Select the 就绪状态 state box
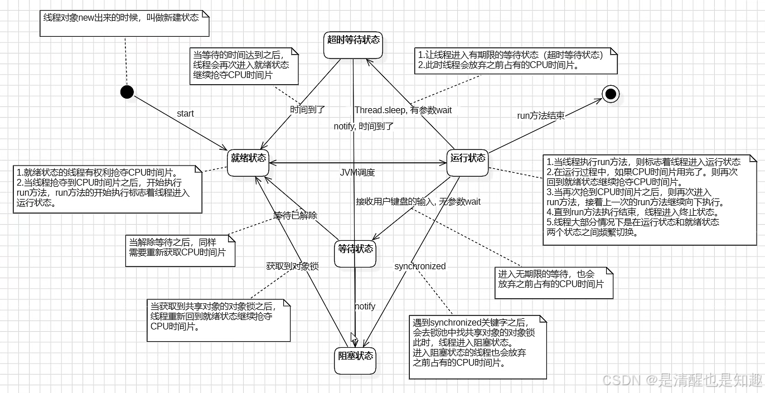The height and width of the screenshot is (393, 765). point(248,162)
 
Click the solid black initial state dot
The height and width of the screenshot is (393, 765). point(127,92)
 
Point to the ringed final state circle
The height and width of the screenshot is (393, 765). point(611,94)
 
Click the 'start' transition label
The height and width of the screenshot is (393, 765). point(185,114)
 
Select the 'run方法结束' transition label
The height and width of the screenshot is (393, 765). point(541,116)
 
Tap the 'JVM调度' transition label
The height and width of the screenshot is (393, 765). point(357,172)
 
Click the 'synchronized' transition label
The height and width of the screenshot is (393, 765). point(420,266)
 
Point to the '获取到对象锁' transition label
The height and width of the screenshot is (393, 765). point(292,266)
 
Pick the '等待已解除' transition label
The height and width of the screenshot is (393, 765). point(295,216)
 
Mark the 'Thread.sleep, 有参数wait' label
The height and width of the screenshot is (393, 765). point(403,110)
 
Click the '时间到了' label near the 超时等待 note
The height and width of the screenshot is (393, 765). point(308,110)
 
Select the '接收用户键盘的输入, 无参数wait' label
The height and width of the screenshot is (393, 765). point(418,201)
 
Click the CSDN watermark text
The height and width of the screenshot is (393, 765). point(682,380)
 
